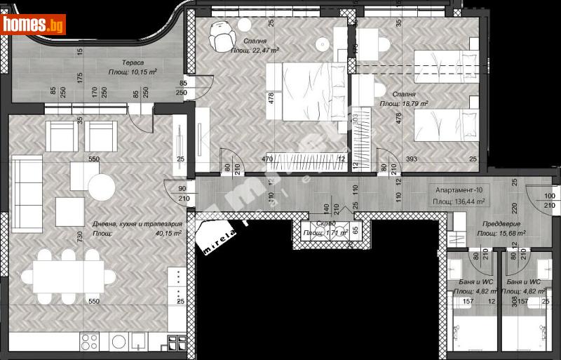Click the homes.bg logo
click(34, 25)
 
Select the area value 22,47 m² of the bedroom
click(264, 51)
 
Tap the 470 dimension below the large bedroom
click(267, 159)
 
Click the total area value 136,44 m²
click(471, 201)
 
